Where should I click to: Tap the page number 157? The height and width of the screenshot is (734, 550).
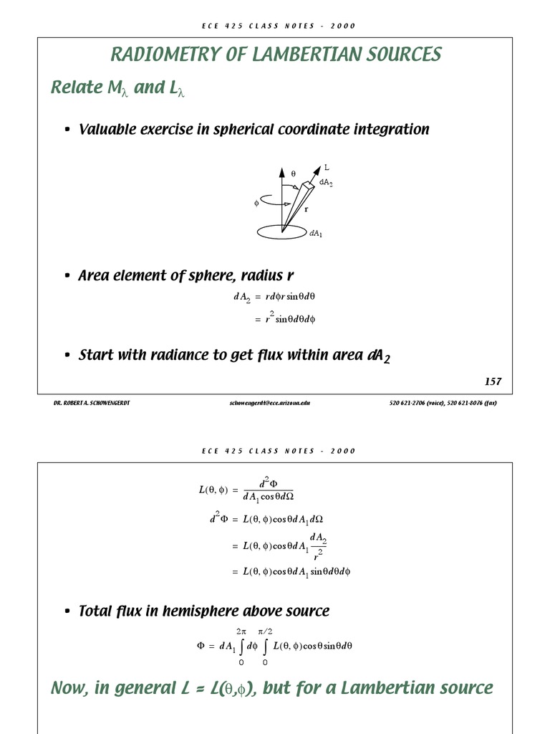493,381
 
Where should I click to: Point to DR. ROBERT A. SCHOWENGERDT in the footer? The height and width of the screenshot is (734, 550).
92,403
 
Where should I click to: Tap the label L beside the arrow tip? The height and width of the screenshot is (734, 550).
327,167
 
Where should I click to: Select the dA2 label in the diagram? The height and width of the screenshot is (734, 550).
326,183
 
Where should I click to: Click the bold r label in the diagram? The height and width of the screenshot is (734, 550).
307,209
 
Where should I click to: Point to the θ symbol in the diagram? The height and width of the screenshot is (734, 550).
293,173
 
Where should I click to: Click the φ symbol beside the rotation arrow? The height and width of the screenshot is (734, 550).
256,203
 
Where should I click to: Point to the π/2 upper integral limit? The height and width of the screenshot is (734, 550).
265,631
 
